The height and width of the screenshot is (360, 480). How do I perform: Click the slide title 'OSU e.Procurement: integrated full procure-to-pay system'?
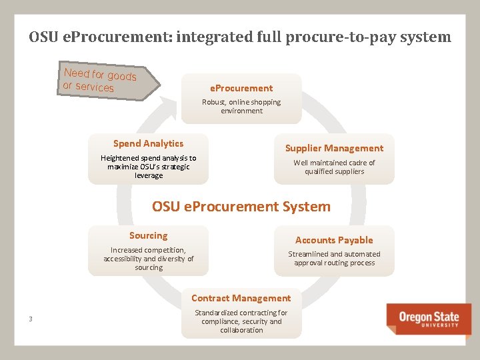pos(240,37)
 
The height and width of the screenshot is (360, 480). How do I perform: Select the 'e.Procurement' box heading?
pos(241,88)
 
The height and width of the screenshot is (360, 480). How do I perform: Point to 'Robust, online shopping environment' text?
pos(241,107)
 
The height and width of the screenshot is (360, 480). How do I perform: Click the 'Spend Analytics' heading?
pos(148,143)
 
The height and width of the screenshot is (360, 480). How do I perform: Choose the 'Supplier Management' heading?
pos(334,148)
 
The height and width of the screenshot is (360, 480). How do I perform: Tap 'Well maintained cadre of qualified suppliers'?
pos(334,167)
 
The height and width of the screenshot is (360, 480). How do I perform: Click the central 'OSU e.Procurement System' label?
pos(241,207)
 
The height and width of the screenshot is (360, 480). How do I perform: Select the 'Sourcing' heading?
pos(148,235)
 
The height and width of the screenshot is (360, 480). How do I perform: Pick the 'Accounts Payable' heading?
pos(334,240)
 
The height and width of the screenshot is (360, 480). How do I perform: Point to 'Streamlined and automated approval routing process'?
pos(334,258)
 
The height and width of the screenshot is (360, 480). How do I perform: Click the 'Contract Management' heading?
pos(241,298)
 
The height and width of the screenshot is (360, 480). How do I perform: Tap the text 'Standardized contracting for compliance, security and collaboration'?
pos(241,321)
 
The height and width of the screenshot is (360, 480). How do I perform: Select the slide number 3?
pos(31,319)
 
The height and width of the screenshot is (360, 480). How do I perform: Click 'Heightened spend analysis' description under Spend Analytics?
pos(148,167)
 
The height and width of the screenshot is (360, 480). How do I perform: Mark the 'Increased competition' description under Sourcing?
pos(148,259)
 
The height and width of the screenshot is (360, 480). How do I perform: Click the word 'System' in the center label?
pos(305,207)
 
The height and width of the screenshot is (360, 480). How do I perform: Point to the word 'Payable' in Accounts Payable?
pos(353,240)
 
